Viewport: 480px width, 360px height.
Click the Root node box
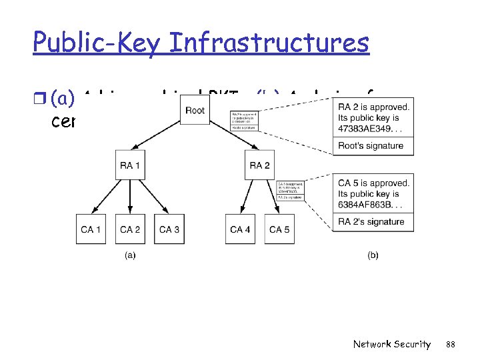[195, 110]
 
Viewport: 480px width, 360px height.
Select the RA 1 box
[130, 166]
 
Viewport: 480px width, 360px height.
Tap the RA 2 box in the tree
[260, 166]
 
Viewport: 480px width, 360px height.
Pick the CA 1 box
[91, 229]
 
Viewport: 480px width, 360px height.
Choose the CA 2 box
[130, 229]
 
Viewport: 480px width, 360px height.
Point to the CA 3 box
[169, 229]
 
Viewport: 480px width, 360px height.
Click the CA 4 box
[241, 229]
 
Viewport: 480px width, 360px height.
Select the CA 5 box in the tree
[279, 229]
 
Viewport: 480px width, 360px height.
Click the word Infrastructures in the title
[270, 43]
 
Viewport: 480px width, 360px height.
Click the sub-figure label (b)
[373, 255]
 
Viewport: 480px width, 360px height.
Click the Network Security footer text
[392, 344]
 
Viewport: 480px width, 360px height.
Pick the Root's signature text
[371, 146]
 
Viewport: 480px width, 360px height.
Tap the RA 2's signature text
[371, 222]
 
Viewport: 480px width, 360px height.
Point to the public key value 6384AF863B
[367, 205]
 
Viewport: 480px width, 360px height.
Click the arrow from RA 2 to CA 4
[249, 196]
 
